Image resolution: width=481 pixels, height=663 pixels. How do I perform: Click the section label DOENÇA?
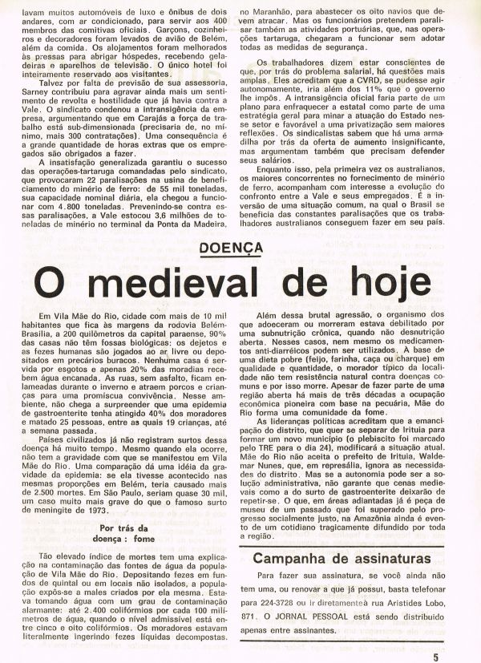(x=240, y=250)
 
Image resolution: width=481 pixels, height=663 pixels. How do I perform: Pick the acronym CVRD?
(x=343, y=103)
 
